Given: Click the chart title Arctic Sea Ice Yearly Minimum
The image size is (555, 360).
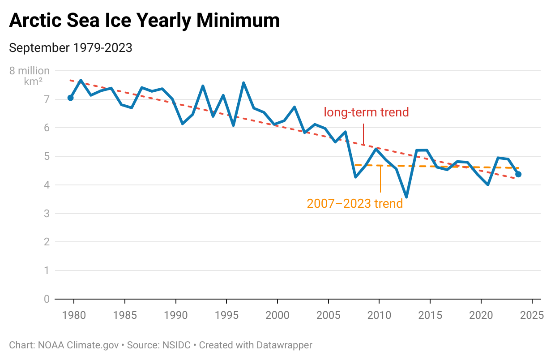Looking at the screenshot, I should [x=144, y=21].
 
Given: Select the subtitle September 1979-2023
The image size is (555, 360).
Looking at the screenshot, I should [x=71, y=48].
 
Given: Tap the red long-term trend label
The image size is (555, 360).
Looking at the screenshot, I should [x=366, y=112].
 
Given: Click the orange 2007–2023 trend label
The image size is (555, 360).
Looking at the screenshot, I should [x=354, y=204].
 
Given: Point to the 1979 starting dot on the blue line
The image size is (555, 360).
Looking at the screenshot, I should [x=70, y=98].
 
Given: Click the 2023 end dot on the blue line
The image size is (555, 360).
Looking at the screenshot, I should [x=518, y=174].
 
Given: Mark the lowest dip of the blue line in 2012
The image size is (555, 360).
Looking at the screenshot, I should [x=406, y=197].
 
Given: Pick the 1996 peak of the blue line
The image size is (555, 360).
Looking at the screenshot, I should [x=243, y=83].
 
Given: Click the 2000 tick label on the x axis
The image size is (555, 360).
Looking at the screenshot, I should [x=277, y=315].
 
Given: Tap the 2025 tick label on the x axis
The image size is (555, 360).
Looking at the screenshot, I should [x=531, y=315].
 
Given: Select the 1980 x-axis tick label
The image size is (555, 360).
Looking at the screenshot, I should [x=74, y=315].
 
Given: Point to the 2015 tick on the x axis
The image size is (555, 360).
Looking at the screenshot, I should [x=430, y=315].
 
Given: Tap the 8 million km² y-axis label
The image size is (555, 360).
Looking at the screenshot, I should [x=30, y=76].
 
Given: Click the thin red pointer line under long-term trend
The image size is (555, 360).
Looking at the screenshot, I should [x=363, y=134].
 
